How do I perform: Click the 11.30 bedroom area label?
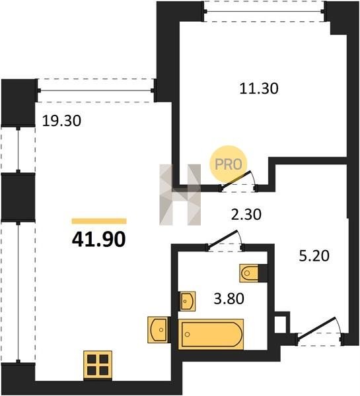(259, 88)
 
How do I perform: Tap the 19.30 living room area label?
(61, 121)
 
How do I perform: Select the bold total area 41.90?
(98, 240)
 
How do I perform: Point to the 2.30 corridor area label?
(246, 214)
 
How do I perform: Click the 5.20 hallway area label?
(314, 255)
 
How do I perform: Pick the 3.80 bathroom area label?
(229, 299)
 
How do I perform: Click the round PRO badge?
(229, 164)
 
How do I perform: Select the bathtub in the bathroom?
(211, 334)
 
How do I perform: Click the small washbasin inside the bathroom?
(188, 301)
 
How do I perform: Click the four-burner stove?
(98, 365)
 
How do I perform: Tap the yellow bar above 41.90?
(99, 221)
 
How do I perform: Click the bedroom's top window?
(264, 11)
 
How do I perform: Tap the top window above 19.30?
(96, 90)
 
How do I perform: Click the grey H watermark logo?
(180, 195)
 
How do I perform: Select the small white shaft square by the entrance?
(280, 324)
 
